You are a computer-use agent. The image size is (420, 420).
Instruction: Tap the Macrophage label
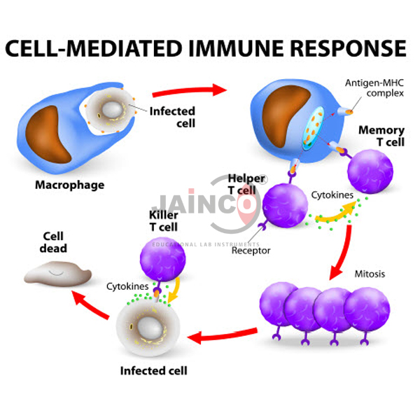click(69, 185)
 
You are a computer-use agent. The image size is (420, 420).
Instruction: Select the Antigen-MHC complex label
click(374, 89)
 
